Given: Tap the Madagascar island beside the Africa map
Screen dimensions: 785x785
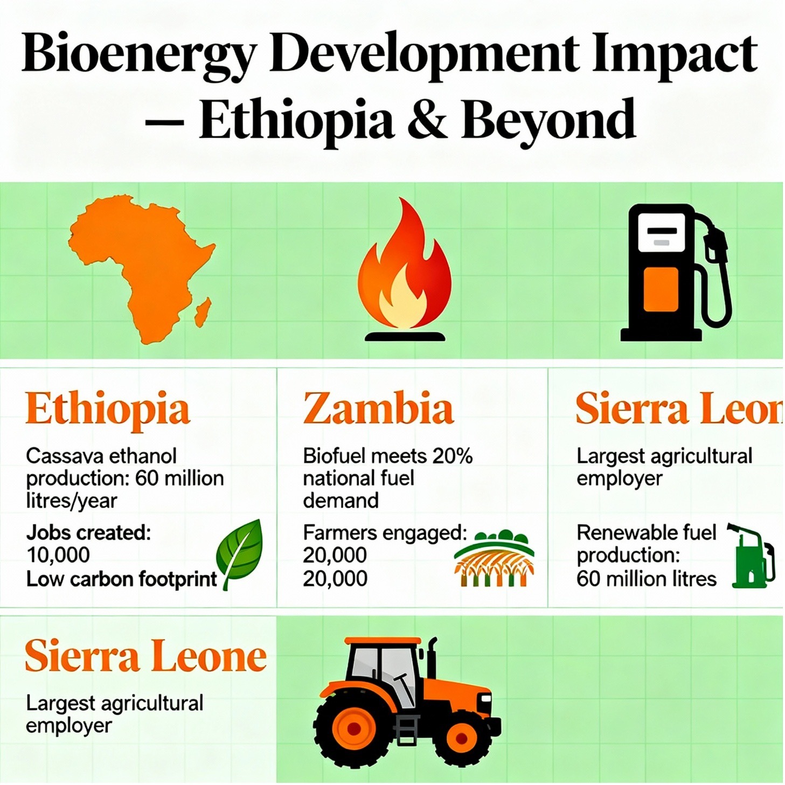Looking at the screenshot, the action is [203, 311].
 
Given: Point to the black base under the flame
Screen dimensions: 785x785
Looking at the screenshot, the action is [405, 337].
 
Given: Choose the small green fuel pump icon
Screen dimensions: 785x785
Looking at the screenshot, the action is [751, 555].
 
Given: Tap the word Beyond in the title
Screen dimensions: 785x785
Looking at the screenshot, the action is [548, 119].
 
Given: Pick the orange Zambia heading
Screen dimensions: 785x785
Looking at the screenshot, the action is [378, 408].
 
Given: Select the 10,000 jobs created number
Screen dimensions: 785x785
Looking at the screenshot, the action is [58, 555].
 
